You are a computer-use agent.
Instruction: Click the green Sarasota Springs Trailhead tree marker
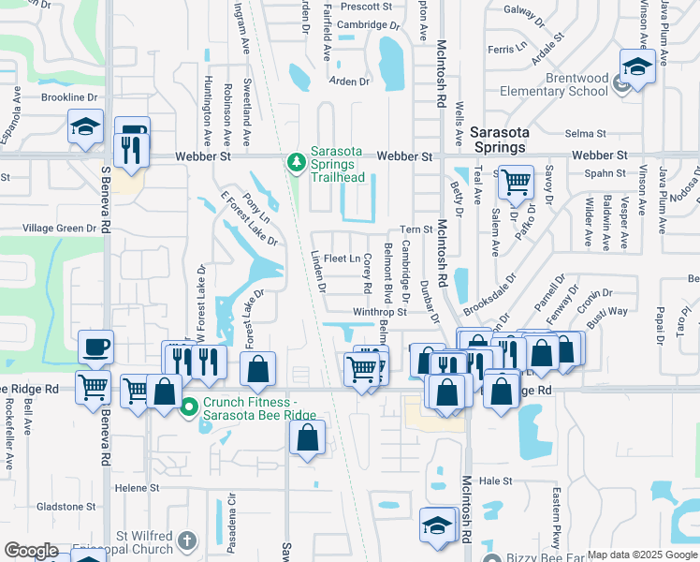point(297,163)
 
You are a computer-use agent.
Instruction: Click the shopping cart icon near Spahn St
point(516,182)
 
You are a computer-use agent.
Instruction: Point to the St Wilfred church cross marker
point(188,540)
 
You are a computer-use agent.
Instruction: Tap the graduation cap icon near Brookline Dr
point(85,126)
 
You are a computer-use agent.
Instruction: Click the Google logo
point(32,551)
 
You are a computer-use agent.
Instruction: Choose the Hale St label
point(491,481)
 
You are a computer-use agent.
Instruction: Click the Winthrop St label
point(380,312)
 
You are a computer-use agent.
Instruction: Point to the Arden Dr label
point(350,81)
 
